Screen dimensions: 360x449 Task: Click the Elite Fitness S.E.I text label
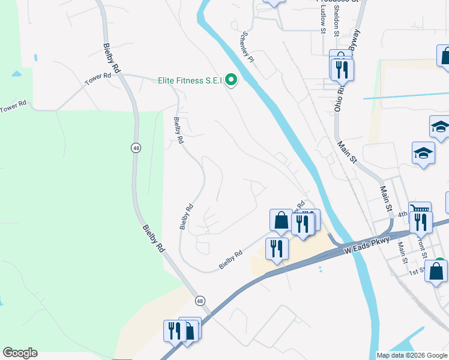point(190,80)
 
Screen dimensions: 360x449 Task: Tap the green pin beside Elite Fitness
point(231,80)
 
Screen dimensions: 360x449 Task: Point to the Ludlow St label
point(322,18)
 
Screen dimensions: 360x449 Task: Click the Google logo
point(20,353)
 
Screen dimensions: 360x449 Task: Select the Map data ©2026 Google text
point(411,355)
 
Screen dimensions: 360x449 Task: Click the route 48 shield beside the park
point(137,148)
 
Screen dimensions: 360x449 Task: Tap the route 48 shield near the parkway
point(200,301)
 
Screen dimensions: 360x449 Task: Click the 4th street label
point(402,214)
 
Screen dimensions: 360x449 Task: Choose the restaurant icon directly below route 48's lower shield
point(175,331)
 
